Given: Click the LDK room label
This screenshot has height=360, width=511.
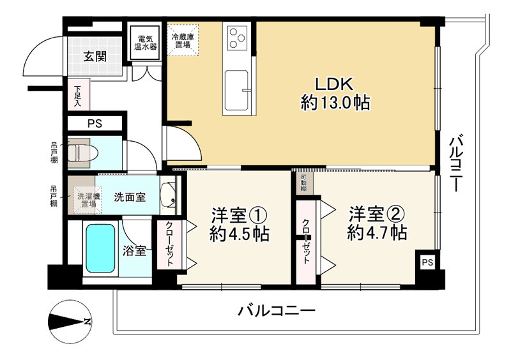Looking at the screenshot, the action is point(333,84).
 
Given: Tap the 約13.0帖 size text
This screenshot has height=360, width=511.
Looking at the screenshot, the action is point(335,103).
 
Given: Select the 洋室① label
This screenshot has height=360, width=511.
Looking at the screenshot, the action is point(240,214).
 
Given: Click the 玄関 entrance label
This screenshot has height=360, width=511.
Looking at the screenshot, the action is point(95,57).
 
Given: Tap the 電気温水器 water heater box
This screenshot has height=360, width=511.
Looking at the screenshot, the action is point(146,43).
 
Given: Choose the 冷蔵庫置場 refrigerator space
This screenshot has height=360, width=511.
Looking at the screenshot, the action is point(183,40).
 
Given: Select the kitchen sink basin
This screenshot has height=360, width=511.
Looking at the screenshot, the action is point(236,90).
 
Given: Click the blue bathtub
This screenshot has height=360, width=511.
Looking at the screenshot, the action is point(100,248).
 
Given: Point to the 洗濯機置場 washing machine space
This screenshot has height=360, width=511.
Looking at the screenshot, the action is point(88,199).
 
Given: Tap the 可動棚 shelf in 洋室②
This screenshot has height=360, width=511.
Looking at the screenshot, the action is point(305,183).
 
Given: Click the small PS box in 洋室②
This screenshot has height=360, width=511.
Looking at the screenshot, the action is point(427,262).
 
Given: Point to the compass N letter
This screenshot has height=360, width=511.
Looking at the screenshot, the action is point(87,322).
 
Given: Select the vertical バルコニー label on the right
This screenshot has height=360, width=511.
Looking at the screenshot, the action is point(455,163).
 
